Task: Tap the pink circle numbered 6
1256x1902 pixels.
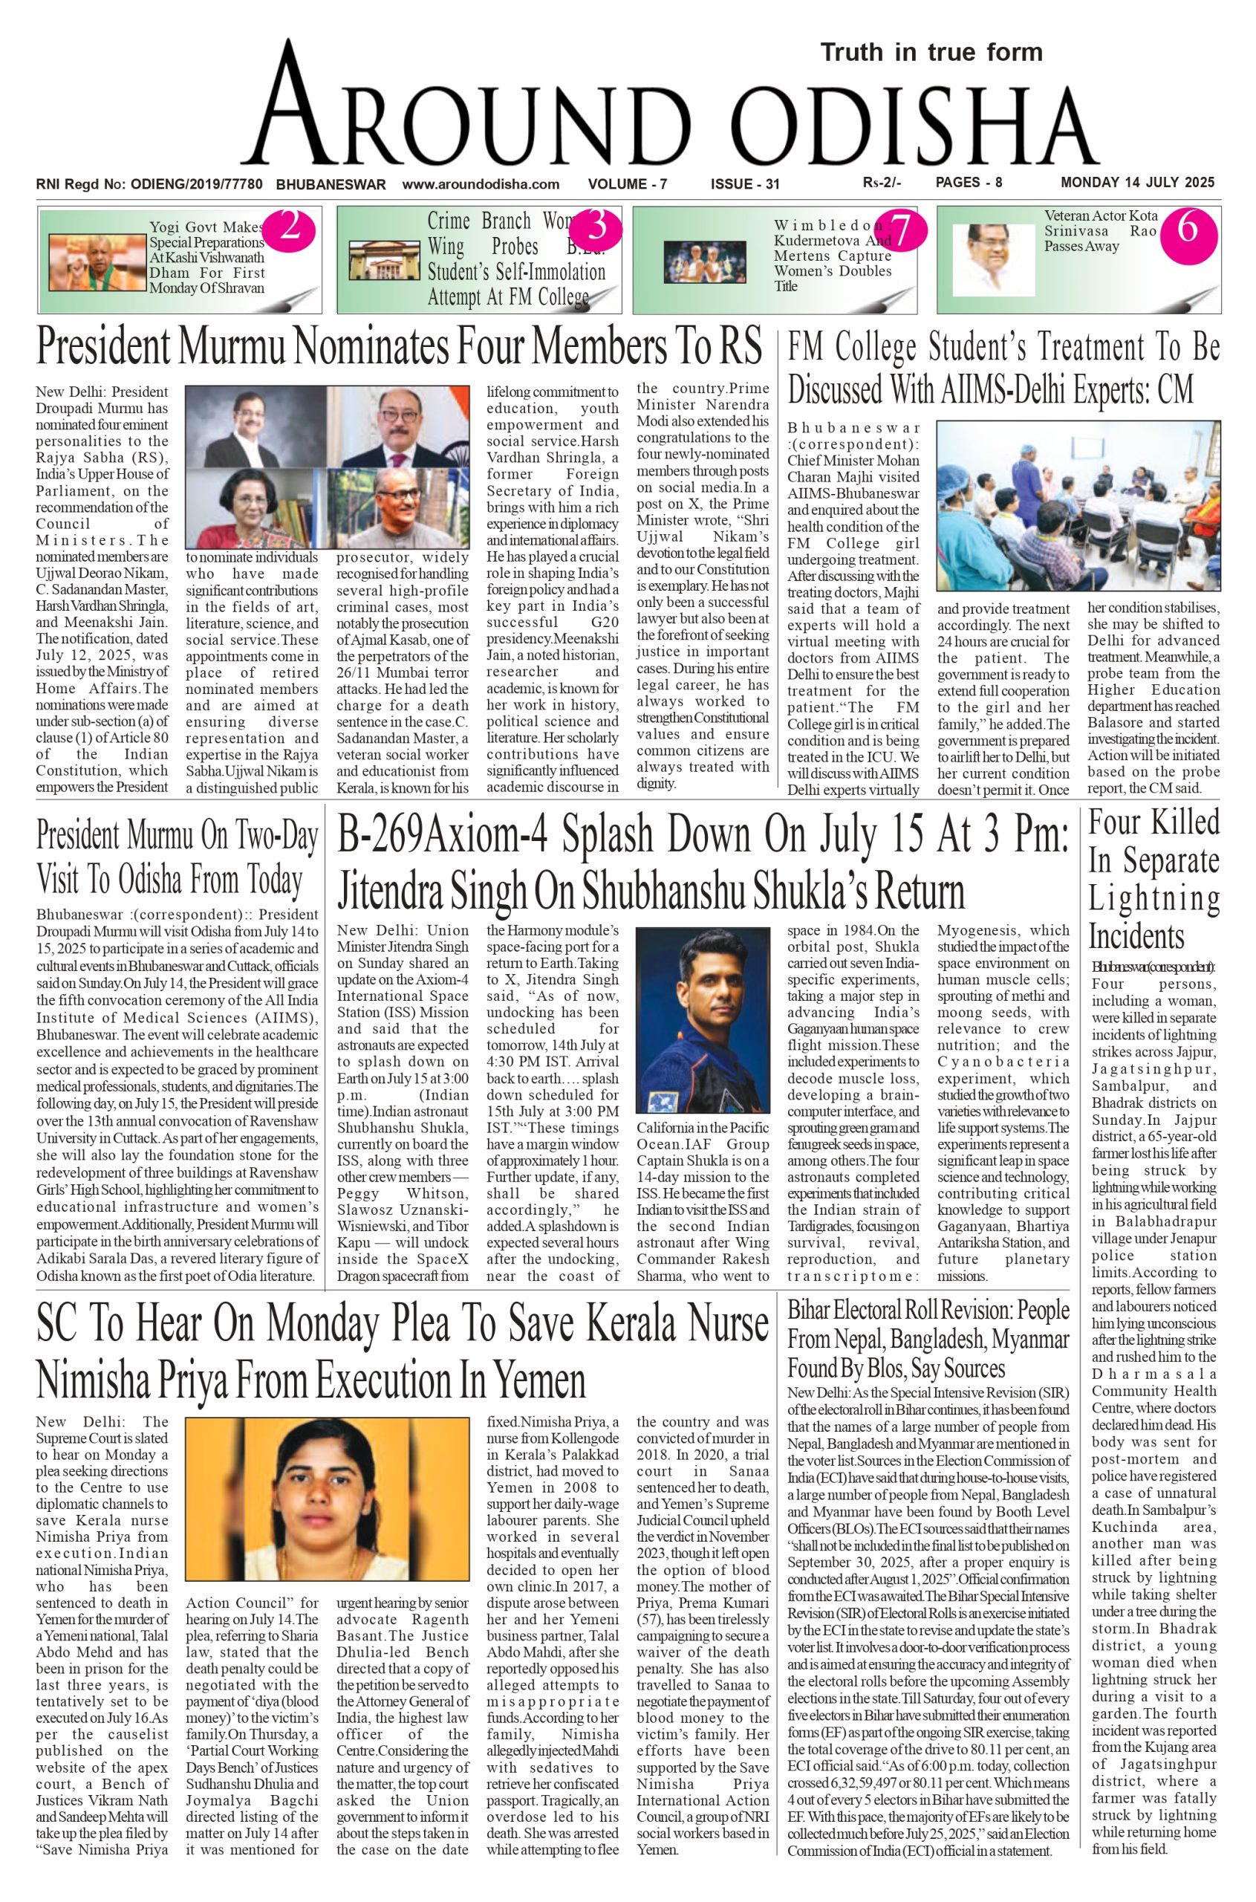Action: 1187,230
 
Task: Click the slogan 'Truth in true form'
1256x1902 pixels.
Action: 931,53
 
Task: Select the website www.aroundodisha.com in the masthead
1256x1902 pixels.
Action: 481,184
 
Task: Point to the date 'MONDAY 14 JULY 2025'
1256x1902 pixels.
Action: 1137,183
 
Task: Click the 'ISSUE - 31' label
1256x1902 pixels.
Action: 745,184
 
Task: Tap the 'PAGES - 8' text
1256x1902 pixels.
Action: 969,183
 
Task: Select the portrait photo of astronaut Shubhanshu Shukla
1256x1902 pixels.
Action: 703,1019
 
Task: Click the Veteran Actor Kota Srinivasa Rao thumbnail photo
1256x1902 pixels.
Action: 992,260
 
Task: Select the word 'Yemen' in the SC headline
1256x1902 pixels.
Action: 538,1380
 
